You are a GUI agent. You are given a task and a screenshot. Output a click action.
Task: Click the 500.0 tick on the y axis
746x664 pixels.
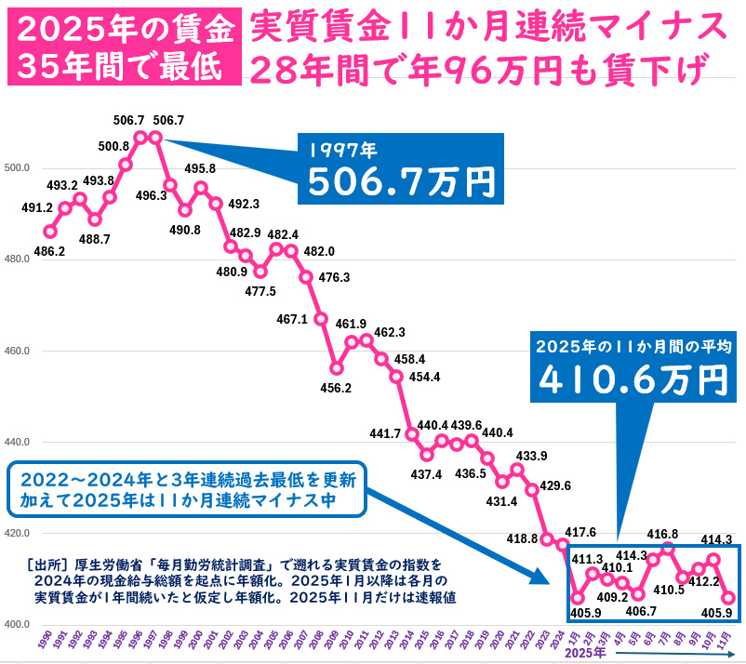[x=17, y=168]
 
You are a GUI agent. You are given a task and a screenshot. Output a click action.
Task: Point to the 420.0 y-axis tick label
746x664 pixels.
[x=17, y=533]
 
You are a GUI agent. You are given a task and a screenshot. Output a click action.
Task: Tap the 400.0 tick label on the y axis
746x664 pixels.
[x=17, y=624]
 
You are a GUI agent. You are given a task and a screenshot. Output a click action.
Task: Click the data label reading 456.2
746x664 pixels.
[x=335, y=387]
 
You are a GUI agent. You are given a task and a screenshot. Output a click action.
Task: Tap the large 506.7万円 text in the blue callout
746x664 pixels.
[x=401, y=182]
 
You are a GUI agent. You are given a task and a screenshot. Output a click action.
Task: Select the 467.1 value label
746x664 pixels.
[x=293, y=319]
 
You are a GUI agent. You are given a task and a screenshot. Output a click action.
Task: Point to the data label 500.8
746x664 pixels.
[x=113, y=146]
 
